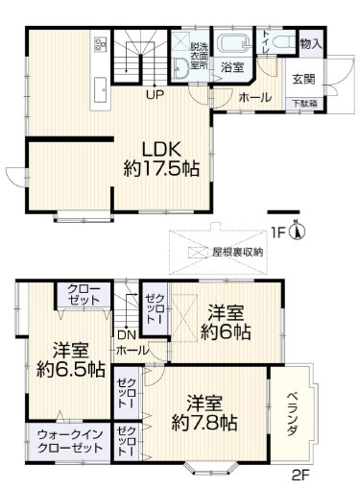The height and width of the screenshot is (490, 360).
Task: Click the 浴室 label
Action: tap(231, 68)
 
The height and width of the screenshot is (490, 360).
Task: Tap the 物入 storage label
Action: tap(310, 43)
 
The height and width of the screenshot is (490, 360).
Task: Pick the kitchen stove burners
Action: tap(99, 44)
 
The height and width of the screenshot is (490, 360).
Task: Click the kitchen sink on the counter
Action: tap(99, 91)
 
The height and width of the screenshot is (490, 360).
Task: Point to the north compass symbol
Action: tap(299, 232)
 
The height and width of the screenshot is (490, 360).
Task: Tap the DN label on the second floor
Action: tap(126, 334)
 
